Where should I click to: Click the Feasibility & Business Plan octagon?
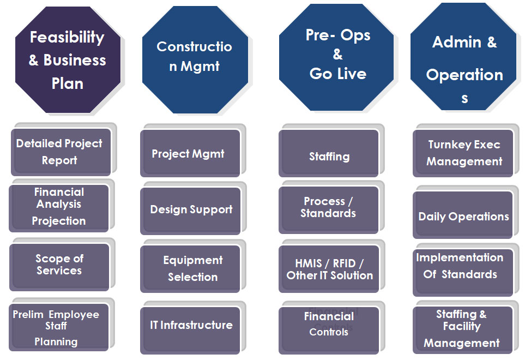pyautogui.click(x=68, y=60)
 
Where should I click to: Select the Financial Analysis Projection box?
pyautogui.click(x=59, y=208)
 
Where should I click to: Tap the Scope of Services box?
pyautogui.click(x=59, y=266)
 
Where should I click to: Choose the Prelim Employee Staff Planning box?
pyautogui.click(x=57, y=328)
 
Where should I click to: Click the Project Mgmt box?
pyautogui.click(x=189, y=154)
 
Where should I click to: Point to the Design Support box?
pyautogui.click(x=191, y=210)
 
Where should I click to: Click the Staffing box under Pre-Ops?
pyautogui.click(x=329, y=155)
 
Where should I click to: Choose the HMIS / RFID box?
pyautogui.click(x=329, y=270)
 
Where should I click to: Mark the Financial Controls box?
pyautogui.click(x=328, y=328)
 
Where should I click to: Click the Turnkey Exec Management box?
pyautogui.click(x=463, y=153)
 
